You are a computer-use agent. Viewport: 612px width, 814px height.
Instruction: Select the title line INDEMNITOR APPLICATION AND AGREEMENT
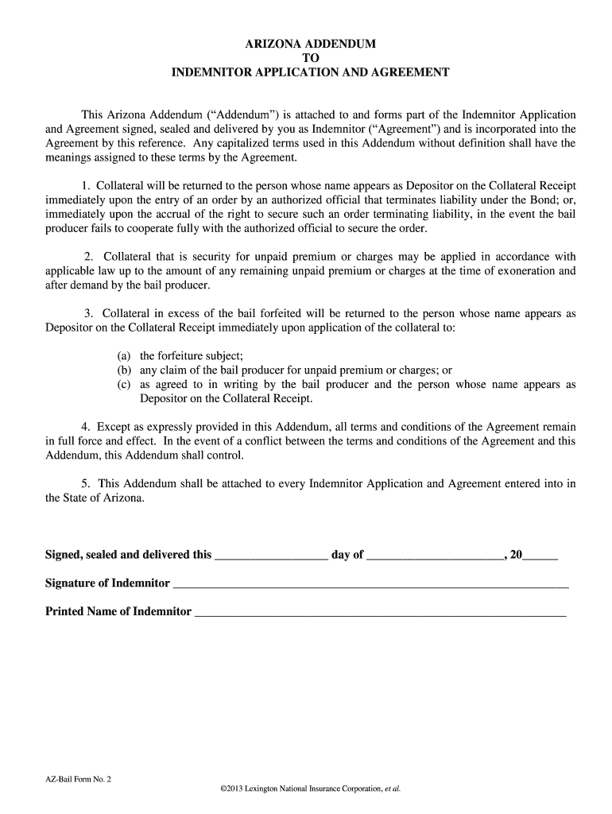pos(311,72)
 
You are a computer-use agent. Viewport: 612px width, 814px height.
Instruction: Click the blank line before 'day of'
pos(271,556)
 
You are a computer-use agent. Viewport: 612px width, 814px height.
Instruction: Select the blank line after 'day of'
pos(435,556)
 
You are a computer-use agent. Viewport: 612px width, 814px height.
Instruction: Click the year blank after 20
pos(540,556)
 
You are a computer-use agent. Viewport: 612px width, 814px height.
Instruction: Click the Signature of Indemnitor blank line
pos(370,584)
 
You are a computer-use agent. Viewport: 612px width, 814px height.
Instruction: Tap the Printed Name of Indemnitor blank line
pos(381,612)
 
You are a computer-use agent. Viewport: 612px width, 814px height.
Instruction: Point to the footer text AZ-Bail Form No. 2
pos(79,779)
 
